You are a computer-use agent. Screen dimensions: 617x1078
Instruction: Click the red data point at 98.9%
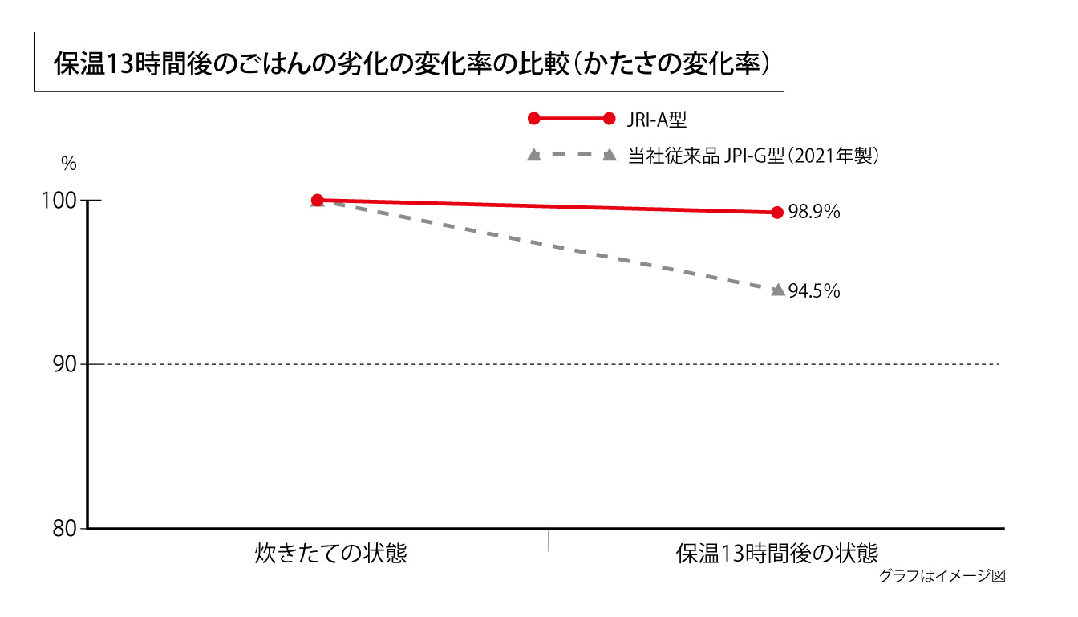[776, 213]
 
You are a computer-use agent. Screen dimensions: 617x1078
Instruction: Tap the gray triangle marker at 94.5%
[777, 290]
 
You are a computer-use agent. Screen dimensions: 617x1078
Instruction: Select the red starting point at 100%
[317, 200]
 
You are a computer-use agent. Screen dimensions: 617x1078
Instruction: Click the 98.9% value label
[813, 213]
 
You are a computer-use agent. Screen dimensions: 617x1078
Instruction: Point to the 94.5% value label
[814, 291]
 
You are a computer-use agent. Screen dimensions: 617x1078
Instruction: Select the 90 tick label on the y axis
[65, 365]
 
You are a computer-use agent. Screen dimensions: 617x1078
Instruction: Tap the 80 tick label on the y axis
[65, 530]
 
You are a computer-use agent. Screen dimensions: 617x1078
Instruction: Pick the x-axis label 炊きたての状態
[331, 554]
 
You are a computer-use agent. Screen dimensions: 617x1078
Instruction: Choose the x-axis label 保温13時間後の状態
[777, 554]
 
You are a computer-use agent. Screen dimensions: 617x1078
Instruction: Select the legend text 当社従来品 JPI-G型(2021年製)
[753, 155]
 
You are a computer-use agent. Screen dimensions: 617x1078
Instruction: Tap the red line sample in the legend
[571, 119]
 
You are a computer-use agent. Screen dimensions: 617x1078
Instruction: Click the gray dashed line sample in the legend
[571, 155]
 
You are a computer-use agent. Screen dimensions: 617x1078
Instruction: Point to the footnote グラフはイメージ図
[942, 575]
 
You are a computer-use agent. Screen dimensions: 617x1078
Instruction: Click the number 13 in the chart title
[120, 65]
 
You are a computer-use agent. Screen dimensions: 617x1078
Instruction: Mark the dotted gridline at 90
[561, 364]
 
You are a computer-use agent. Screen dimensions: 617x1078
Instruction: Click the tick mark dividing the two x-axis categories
[549, 539]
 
